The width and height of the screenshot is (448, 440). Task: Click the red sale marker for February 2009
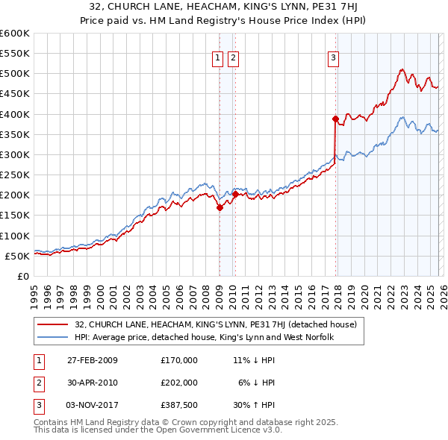[x=220, y=208]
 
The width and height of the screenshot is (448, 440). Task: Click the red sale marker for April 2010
[x=235, y=195]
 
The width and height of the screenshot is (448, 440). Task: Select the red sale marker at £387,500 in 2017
[x=335, y=119]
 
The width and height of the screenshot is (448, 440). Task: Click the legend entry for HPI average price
[x=204, y=337]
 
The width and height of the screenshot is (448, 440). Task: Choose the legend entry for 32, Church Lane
[x=216, y=324]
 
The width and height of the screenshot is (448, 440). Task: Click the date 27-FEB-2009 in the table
[x=92, y=360]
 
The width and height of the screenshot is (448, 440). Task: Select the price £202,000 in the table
[x=179, y=383]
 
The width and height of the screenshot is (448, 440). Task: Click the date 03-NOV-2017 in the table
[x=92, y=405]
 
